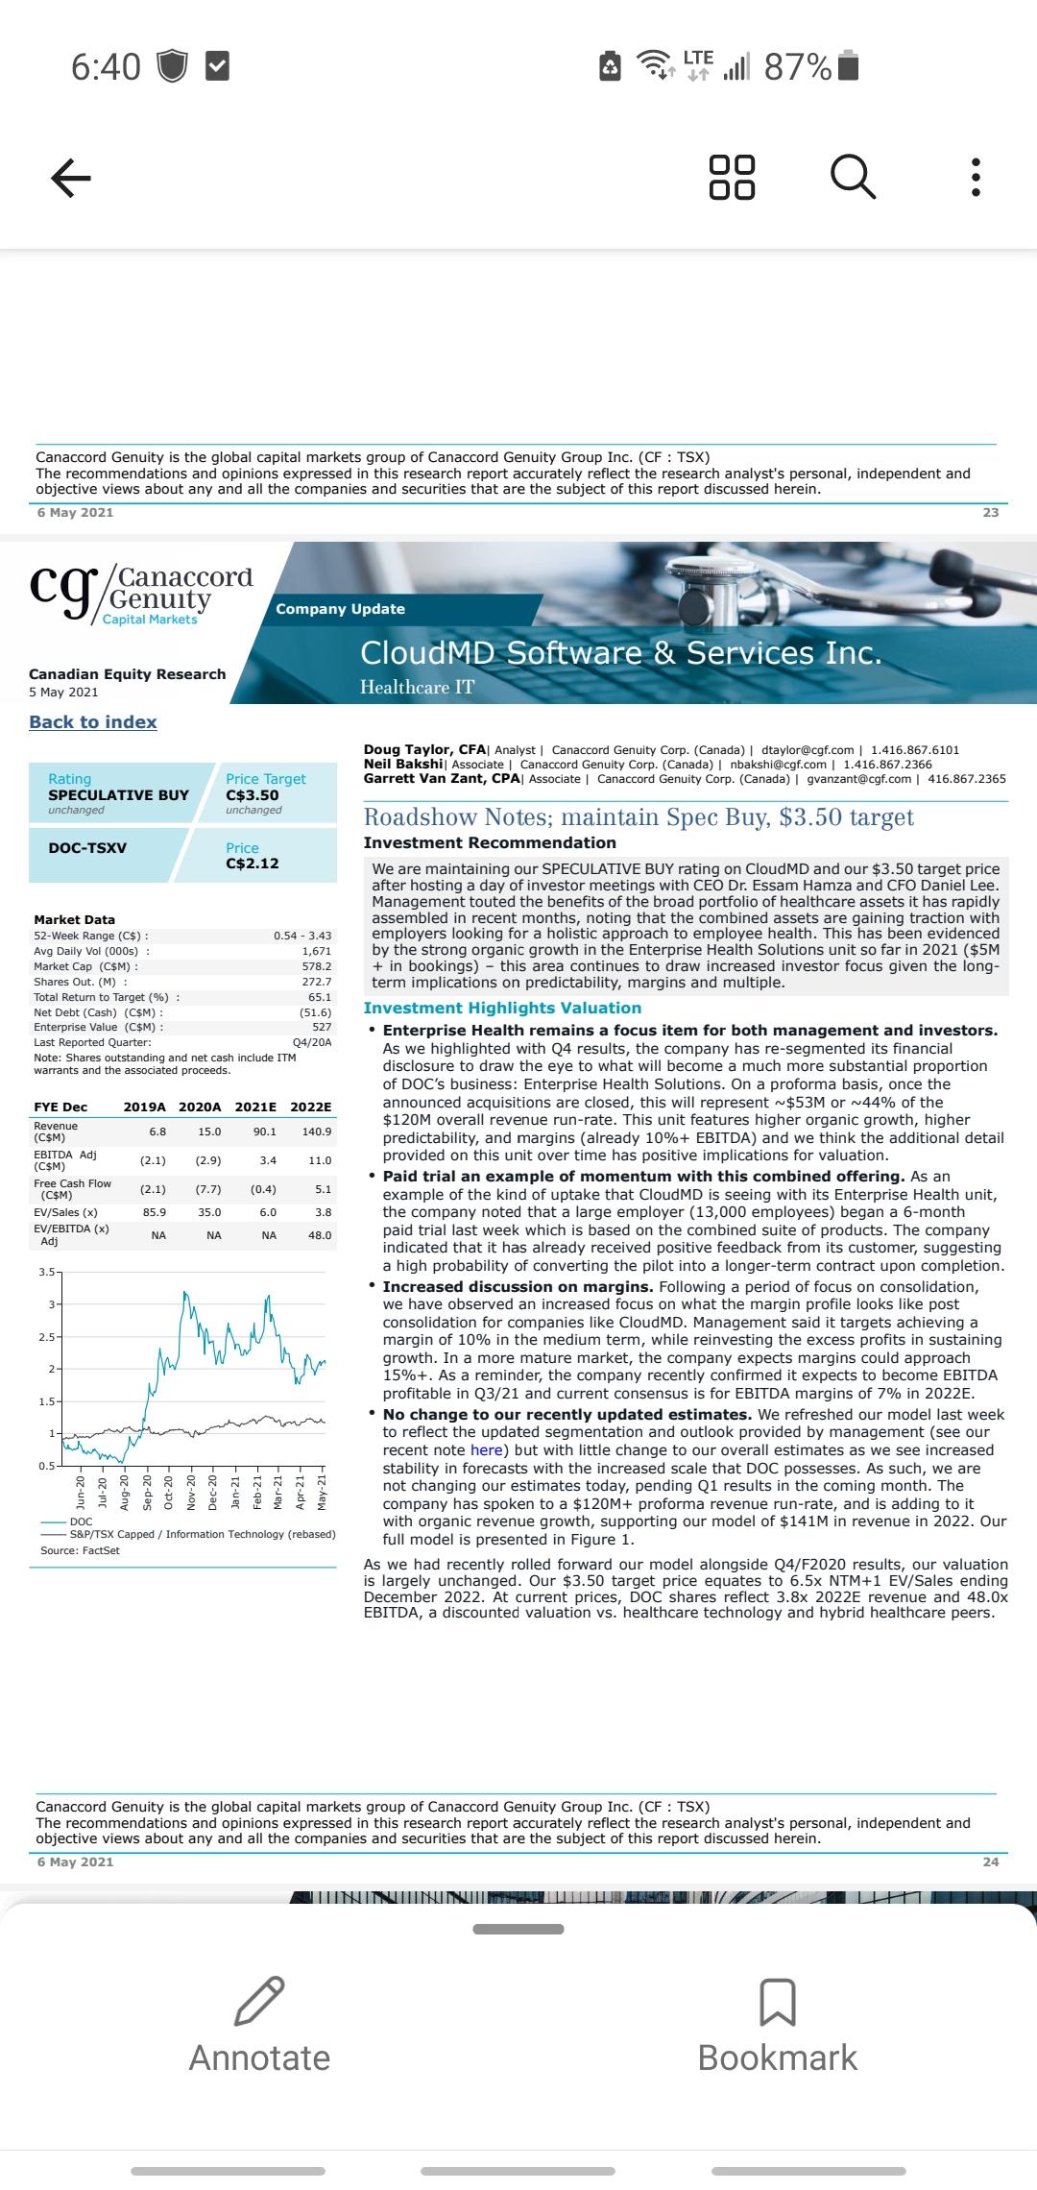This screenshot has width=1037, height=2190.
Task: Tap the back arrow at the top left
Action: pyautogui.click(x=70, y=178)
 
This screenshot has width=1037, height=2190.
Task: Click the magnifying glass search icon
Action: pyautogui.click(x=853, y=177)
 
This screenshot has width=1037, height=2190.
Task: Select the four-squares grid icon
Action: pyautogui.click(x=732, y=177)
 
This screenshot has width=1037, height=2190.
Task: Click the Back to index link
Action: pyautogui.click(x=92, y=722)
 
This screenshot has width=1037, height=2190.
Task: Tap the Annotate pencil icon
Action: pyautogui.click(x=259, y=2001)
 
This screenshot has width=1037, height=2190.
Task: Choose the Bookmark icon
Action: pyautogui.click(x=777, y=2001)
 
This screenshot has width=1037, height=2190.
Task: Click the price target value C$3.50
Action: pyautogui.click(x=253, y=795)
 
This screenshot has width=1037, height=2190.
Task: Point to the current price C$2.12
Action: pyautogui.click(x=253, y=864)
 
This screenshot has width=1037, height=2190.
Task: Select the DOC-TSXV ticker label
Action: pyautogui.click(x=87, y=848)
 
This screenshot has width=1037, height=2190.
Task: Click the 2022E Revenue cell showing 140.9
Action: pyautogui.click(x=316, y=1131)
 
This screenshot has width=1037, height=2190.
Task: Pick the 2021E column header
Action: pyautogui.click(x=255, y=1107)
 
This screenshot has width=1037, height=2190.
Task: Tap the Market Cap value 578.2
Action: pyautogui.click(x=316, y=966)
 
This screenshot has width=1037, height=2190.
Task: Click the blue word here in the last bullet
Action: pyautogui.click(x=486, y=1450)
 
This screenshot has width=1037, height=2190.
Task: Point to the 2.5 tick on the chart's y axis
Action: pyautogui.click(x=45, y=1337)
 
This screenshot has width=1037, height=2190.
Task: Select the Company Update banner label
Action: pyautogui.click(x=340, y=609)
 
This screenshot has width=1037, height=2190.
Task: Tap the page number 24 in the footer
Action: pyautogui.click(x=991, y=1861)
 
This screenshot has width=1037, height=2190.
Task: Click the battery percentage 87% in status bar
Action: pyautogui.click(x=797, y=66)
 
